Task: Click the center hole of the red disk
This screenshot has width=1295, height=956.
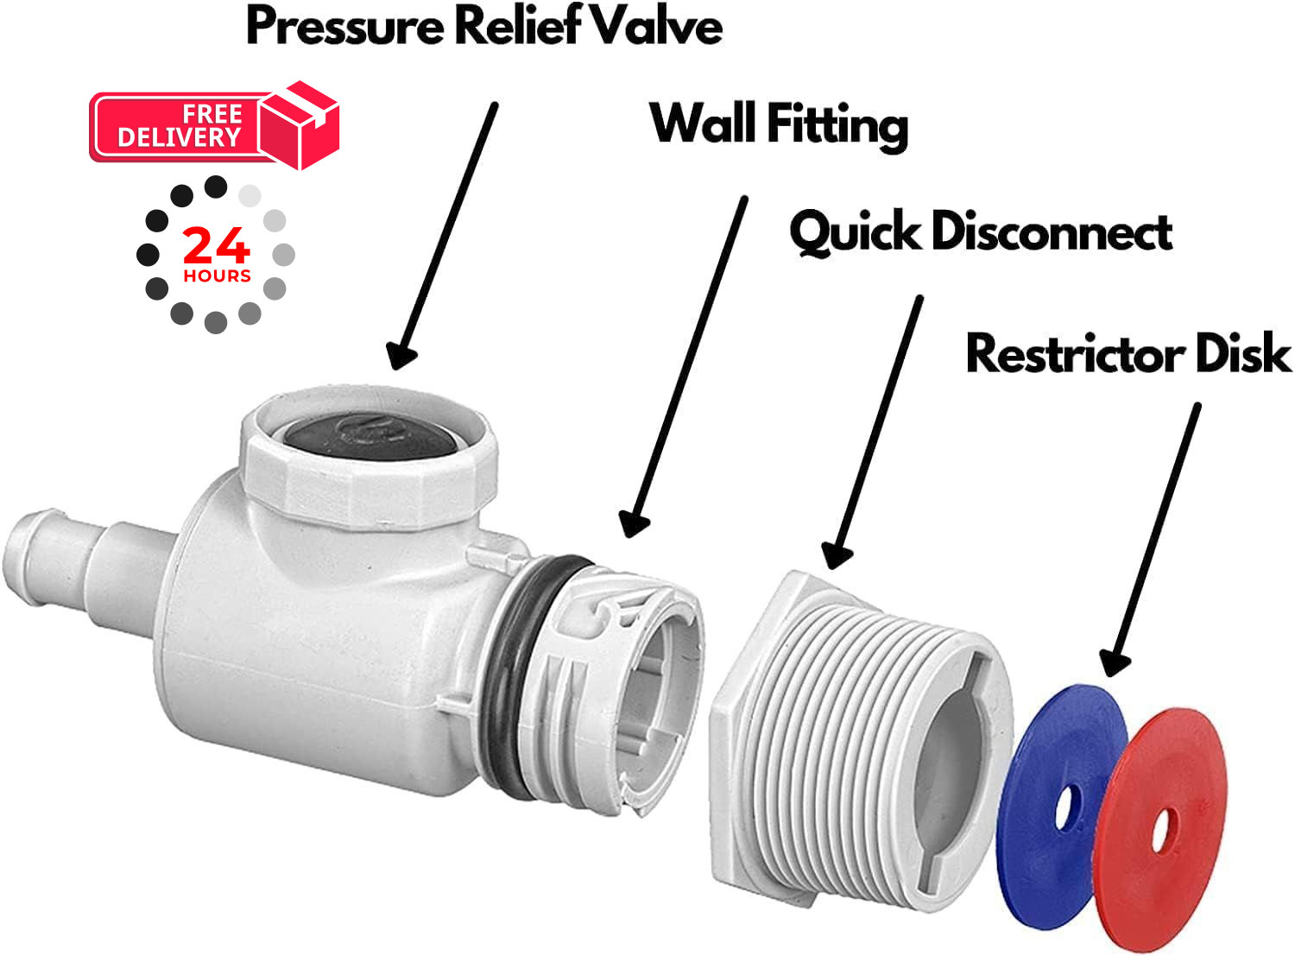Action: (1160, 829)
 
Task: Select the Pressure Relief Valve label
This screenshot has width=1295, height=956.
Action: (484, 26)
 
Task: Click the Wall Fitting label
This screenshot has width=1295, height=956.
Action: (779, 124)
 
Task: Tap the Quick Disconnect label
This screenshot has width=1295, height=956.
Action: (981, 232)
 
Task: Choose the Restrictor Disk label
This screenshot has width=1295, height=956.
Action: (1128, 352)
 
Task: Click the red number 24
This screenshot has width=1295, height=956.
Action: (217, 245)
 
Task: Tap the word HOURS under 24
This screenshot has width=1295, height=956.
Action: (218, 275)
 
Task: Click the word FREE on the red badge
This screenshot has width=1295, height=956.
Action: (212, 114)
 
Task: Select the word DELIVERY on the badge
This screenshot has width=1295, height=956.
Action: (179, 138)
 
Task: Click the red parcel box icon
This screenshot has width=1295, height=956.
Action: (299, 125)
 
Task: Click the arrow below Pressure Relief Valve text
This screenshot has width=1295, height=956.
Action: (443, 236)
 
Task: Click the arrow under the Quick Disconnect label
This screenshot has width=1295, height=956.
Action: (872, 432)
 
